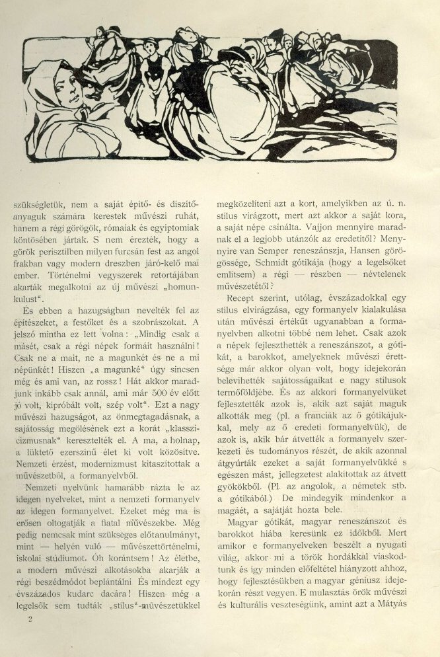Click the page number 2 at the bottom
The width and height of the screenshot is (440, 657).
pos(30,619)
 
